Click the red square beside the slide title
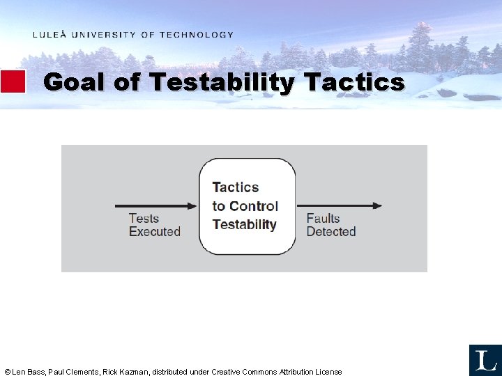click(x=13, y=81)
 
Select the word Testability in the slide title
click(x=222, y=82)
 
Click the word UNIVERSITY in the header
click(x=103, y=35)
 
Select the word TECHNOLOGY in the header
click(x=197, y=35)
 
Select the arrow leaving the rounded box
click(x=340, y=205)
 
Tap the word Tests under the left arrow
click(x=144, y=219)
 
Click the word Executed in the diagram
click(x=154, y=232)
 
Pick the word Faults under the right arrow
click(x=323, y=219)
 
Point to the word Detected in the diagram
click(x=330, y=232)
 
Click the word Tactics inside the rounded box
click(x=235, y=187)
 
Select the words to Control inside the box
click(x=245, y=206)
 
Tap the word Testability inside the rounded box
click(x=244, y=224)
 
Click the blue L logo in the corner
click(x=485, y=360)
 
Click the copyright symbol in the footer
click(x=7, y=372)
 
